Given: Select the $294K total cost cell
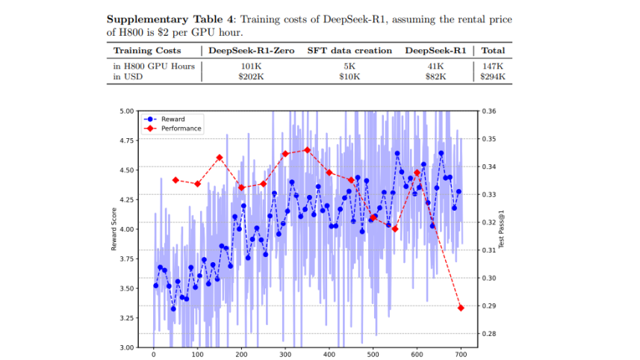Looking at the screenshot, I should (x=494, y=75).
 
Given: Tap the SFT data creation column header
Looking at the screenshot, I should (x=349, y=51).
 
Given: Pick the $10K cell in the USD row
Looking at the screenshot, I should (x=349, y=75).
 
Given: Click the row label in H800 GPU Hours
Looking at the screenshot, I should (x=154, y=66).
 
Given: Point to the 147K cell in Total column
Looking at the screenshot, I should (x=494, y=66).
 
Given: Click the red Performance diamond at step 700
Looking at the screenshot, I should (x=461, y=308).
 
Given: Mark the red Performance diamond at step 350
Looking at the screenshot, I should (x=307, y=150).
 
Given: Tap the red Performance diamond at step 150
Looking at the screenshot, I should (x=220, y=158).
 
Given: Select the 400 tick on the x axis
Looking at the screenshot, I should (x=329, y=356).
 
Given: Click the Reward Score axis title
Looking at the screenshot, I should (x=114, y=229).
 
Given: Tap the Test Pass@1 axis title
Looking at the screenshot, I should (x=502, y=229).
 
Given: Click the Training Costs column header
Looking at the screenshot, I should (x=146, y=51).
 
